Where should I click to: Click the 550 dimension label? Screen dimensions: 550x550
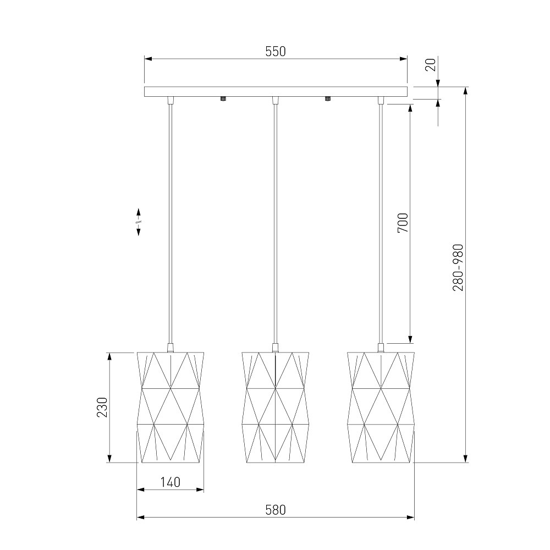coord(276,52)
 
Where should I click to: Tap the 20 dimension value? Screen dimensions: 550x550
coord(431,65)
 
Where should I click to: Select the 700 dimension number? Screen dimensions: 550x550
coord(403,223)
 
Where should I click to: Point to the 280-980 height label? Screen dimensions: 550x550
coord(458,268)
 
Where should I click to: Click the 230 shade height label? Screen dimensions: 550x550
coord(102,407)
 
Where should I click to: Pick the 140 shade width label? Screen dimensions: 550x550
coord(170,482)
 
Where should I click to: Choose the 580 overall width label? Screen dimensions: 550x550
coord(276,510)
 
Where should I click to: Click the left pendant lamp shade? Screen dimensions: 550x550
coord(170,407)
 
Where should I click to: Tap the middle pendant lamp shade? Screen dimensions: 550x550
coord(276,407)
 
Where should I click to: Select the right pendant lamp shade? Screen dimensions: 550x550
coord(381,407)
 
